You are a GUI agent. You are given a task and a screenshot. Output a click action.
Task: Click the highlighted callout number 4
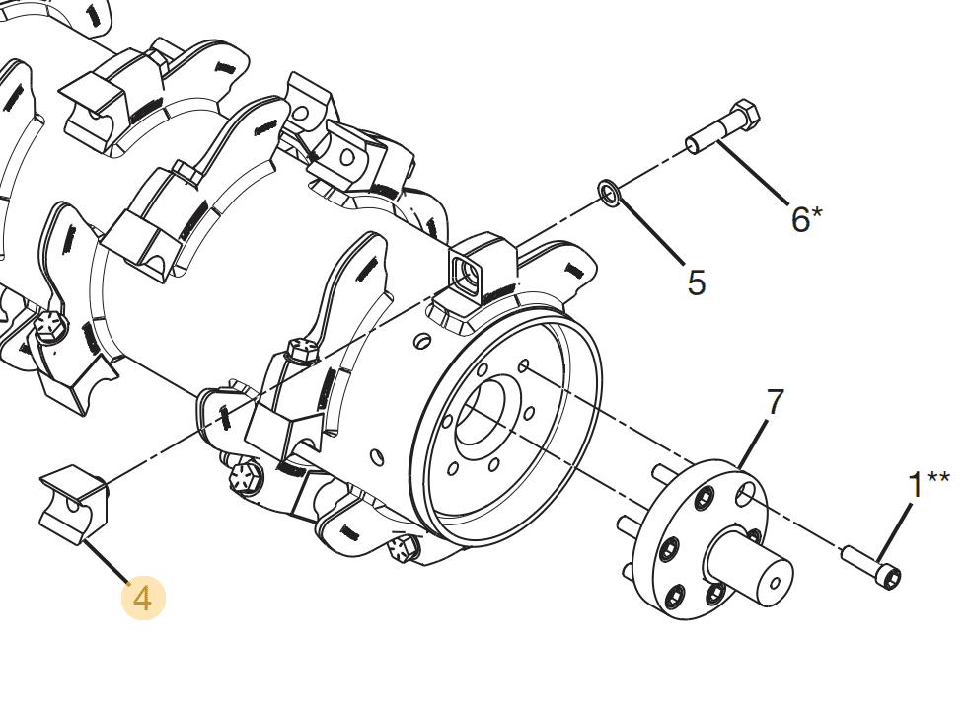click(x=143, y=599)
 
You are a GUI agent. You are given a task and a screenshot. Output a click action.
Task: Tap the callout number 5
click(x=697, y=283)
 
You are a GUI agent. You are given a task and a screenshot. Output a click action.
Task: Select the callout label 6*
click(x=805, y=218)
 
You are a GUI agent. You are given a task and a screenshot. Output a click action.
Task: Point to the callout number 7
click(x=775, y=402)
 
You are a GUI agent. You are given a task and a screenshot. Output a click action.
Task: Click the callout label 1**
click(x=927, y=484)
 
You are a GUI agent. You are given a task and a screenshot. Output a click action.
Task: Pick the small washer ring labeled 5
click(x=609, y=193)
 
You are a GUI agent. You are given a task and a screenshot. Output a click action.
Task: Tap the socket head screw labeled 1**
click(x=872, y=567)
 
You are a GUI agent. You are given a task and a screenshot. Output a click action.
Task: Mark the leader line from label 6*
click(x=754, y=172)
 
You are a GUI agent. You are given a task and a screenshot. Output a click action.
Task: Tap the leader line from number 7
click(x=756, y=440)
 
